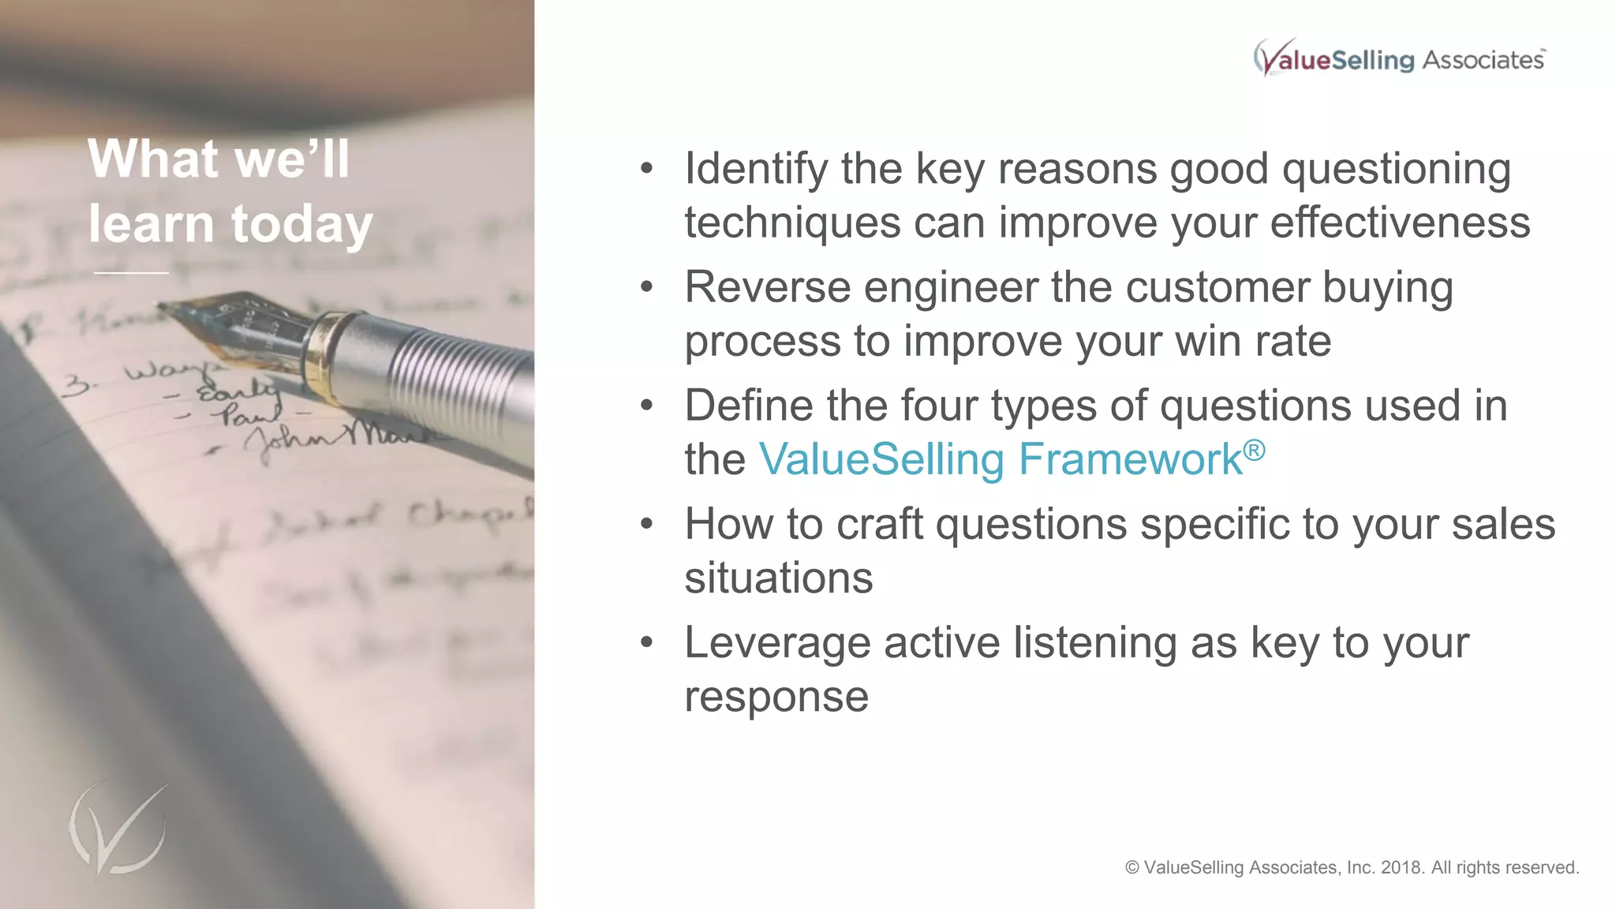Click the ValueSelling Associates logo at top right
[x=1399, y=58]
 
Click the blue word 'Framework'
[x=1130, y=460]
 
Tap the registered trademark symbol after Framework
[x=1254, y=451]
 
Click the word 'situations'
[x=779, y=578]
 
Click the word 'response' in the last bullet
[x=776, y=697]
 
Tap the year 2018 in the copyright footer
[x=1402, y=868]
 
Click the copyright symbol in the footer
[x=1132, y=868]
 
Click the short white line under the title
[x=131, y=273]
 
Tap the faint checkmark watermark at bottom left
[x=118, y=829]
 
